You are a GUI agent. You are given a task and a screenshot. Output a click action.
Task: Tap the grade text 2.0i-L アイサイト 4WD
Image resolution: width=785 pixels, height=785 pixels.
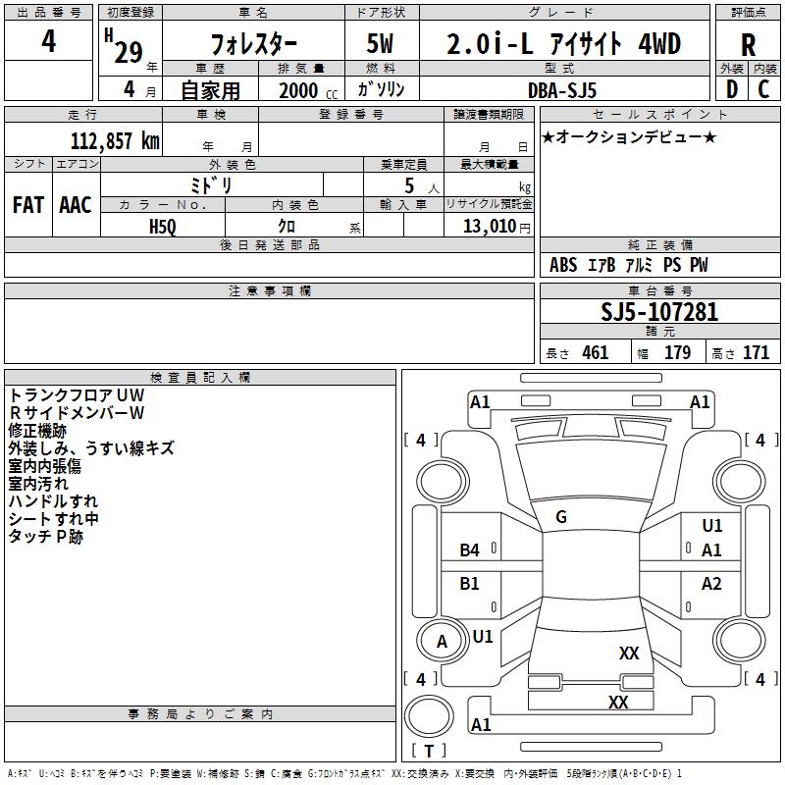click(563, 44)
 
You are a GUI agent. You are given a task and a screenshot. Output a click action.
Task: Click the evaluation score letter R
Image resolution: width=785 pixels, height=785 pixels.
click(748, 45)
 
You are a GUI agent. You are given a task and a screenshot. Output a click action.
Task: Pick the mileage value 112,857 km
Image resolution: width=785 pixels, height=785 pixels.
click(114, 140)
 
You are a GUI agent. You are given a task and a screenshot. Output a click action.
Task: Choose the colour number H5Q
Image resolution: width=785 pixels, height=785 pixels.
click(163, 226)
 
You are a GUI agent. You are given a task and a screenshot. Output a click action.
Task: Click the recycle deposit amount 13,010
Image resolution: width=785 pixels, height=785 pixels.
click(494, 226)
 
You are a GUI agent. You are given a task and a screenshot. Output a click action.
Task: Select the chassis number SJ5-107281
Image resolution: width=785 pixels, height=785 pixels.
click(659, 312)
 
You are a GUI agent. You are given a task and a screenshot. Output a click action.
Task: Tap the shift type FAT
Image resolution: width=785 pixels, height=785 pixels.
click(27, 204)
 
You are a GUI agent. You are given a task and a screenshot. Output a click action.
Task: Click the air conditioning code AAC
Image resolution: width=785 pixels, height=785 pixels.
click(76, 204)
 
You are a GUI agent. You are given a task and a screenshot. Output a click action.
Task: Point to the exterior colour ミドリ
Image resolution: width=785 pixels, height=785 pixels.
click(210, 184)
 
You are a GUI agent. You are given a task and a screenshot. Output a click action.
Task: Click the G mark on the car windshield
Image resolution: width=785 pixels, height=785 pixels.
click(561, 517)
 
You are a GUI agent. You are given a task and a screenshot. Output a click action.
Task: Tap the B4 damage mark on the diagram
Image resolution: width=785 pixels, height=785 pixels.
click(470, 550)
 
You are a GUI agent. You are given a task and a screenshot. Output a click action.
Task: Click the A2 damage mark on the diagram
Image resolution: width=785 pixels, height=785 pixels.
click(711, 584)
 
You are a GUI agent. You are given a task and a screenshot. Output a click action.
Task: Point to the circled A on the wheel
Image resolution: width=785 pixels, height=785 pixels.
click(442, 642)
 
